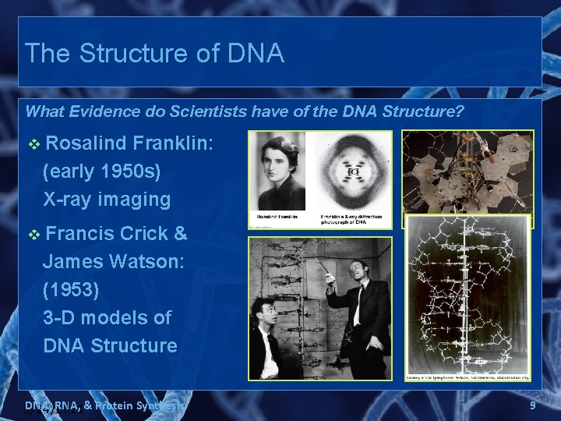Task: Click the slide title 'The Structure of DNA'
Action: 154,53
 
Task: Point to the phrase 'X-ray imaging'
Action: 107,200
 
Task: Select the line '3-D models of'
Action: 108,318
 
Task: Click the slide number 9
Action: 532,405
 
